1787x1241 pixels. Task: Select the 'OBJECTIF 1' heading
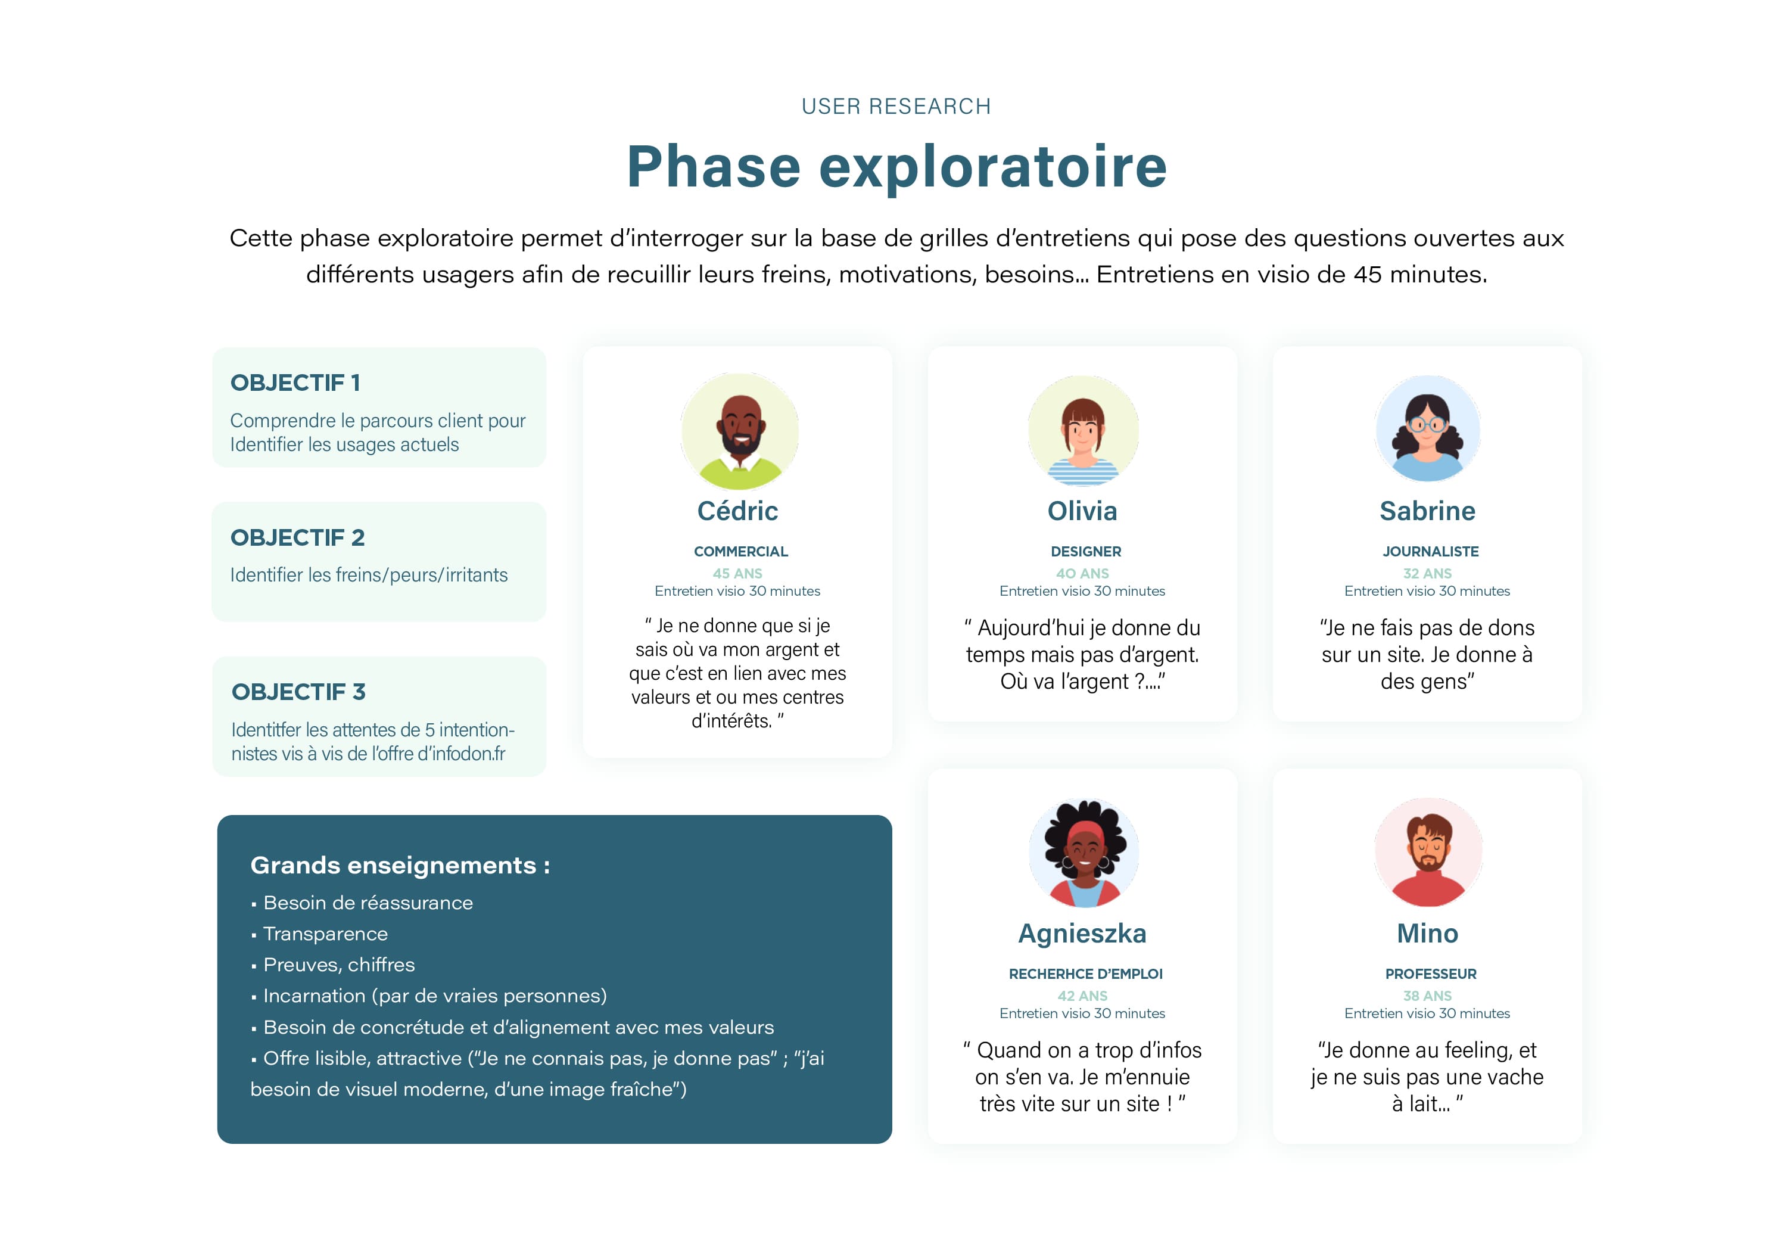click(295, 382)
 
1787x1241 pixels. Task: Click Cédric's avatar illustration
click(739, 431)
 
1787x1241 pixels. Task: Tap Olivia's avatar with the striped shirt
click(1083, 431)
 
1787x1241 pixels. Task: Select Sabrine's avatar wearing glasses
click(1427, 428)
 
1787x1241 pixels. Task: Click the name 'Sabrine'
click(1427, 511)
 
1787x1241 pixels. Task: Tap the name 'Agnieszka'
click(1082, 933)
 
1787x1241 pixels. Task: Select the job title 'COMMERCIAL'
click(741, 551)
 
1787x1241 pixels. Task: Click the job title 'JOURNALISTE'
click(1430, 551)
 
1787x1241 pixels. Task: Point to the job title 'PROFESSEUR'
click(1430, 973)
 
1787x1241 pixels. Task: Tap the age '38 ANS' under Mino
click(1427, 996)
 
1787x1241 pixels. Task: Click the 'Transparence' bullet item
click(325, 933)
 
